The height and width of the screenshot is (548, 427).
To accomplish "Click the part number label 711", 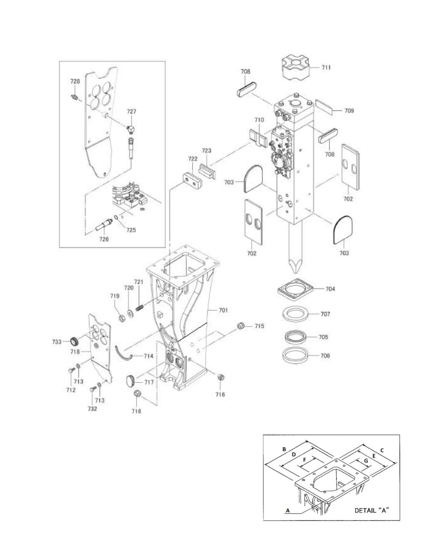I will [x=326, y=68].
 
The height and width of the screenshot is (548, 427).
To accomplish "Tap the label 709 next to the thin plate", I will [x=349, y=111].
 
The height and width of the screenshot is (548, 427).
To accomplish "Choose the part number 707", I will [x=325, y=314].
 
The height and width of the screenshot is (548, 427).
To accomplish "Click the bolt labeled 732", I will [x=92, y=409].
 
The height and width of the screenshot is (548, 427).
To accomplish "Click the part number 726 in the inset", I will [x=104, y=239].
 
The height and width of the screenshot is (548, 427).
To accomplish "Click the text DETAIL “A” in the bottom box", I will [x=371, y=510].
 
